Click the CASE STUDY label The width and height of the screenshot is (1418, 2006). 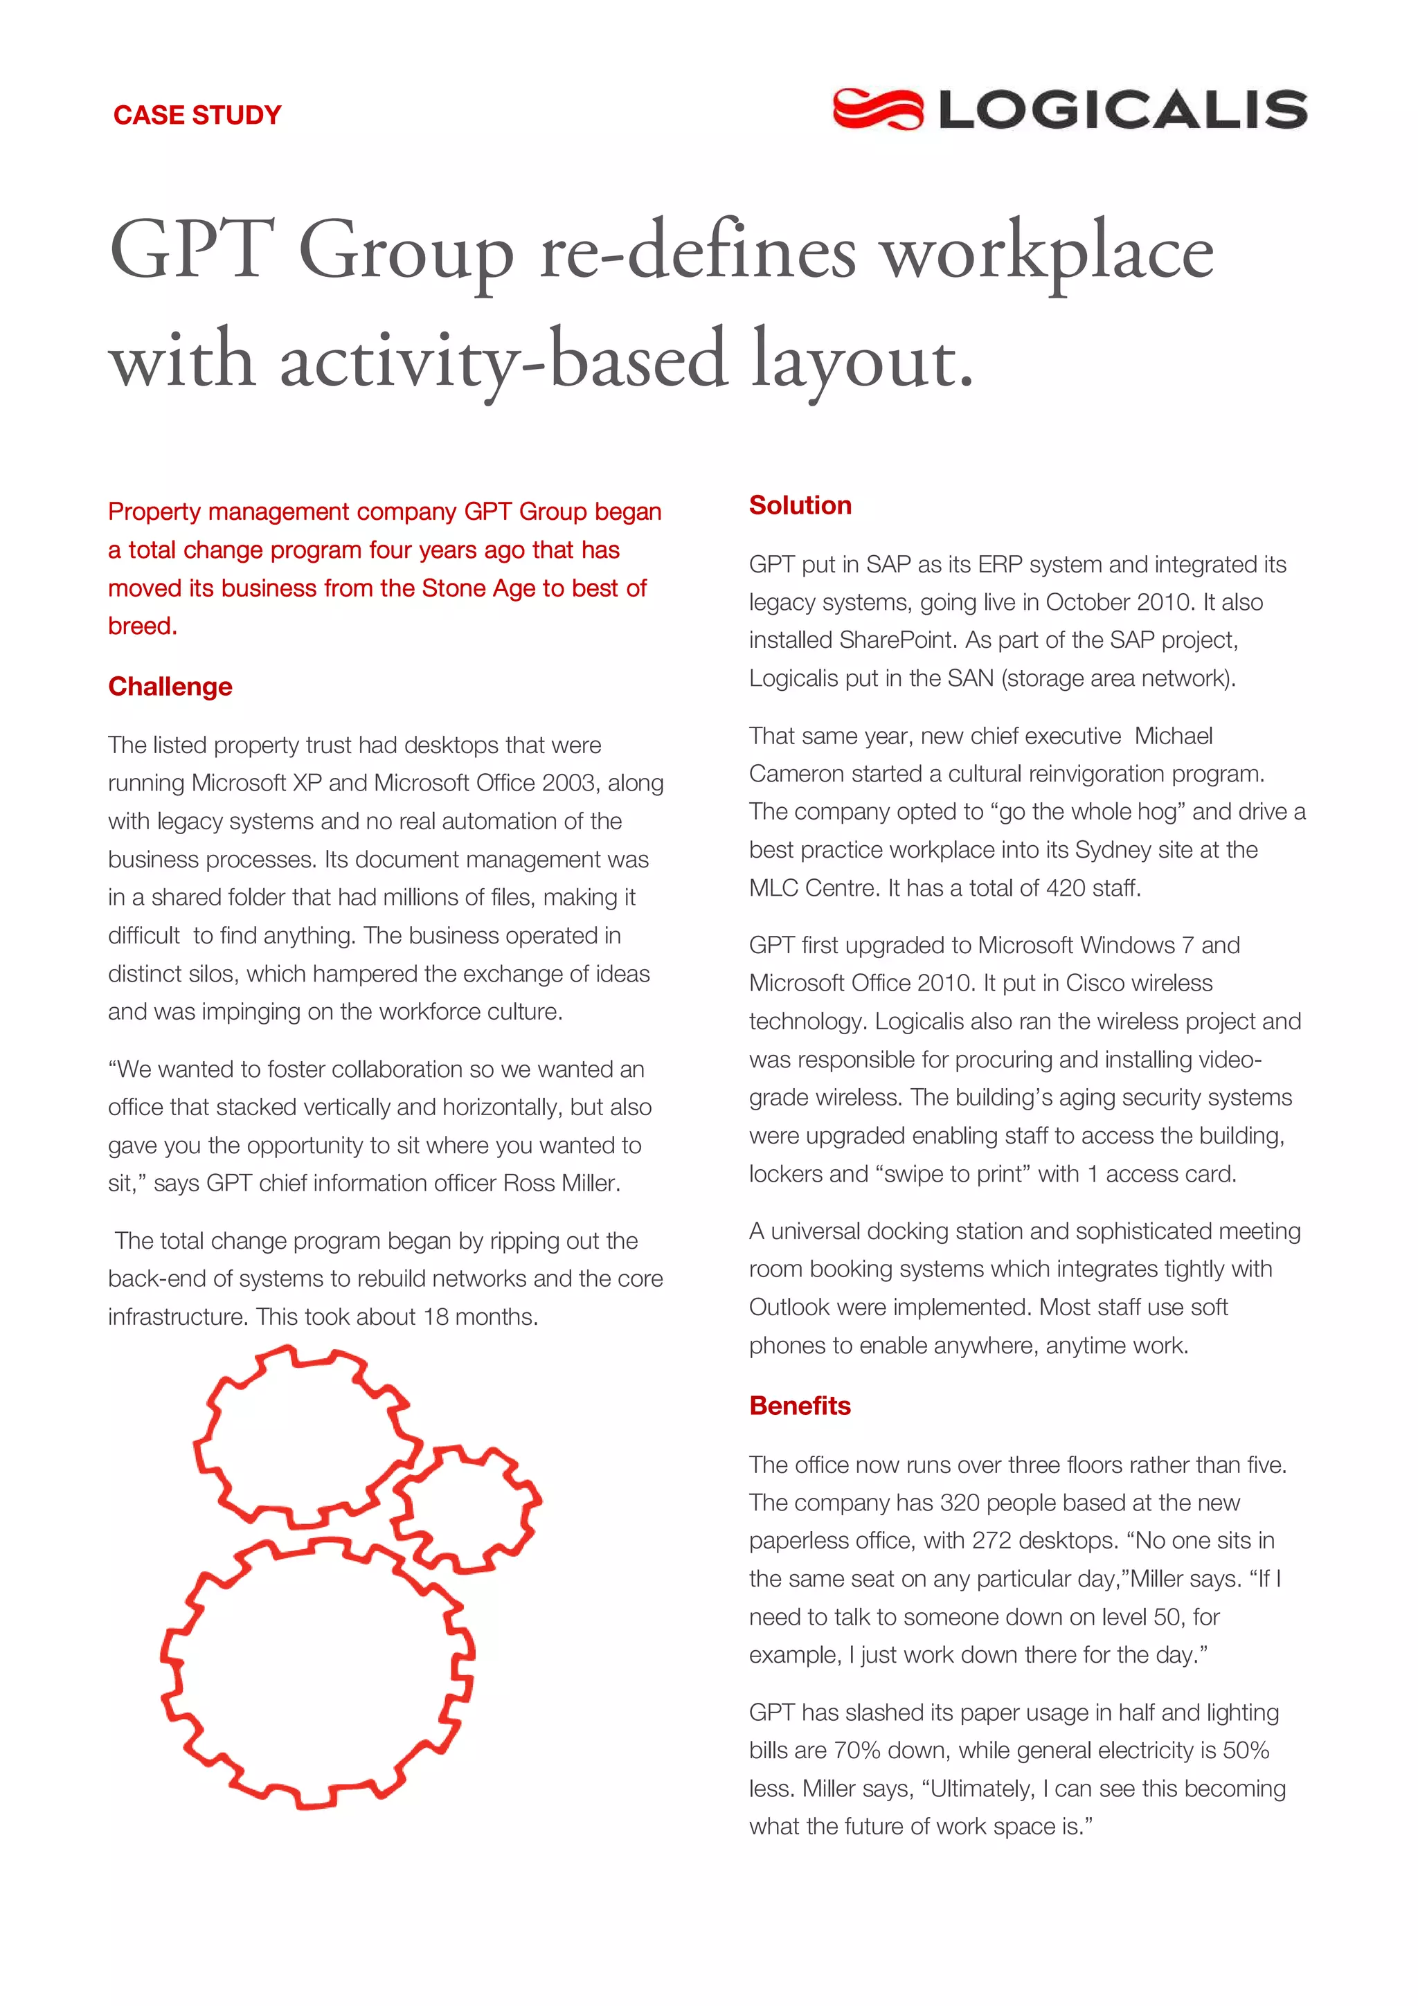point(197,116)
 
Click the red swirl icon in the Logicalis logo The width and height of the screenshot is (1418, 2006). point(877,109)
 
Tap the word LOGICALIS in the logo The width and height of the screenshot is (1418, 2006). point(1122,110)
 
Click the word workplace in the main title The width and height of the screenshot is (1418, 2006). point(1045,253)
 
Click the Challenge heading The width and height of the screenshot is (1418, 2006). point(170,687)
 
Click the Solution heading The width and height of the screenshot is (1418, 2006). point(800,505)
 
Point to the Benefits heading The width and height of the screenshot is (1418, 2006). point(800,1406)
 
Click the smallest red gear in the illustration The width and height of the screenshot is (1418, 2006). point(466,1510)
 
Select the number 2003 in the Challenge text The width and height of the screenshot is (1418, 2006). point(568,784)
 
